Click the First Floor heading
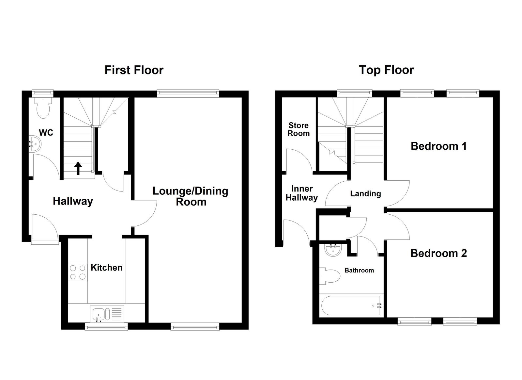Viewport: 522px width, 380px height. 134,70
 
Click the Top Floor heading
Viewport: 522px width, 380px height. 386,70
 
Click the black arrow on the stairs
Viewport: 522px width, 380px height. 78,168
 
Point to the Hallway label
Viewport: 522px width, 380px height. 73,201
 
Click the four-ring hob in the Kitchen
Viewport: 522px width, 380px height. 78,272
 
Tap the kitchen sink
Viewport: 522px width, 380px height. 99,314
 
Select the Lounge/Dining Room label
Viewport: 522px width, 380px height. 191,196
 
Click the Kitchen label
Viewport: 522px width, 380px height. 106,268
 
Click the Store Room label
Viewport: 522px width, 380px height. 299,129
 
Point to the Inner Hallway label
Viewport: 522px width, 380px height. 302,193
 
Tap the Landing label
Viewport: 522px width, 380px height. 365,194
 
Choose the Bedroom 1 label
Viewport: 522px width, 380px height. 438,146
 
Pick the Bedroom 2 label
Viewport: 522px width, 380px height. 438,253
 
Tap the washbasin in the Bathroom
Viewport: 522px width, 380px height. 333,250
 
